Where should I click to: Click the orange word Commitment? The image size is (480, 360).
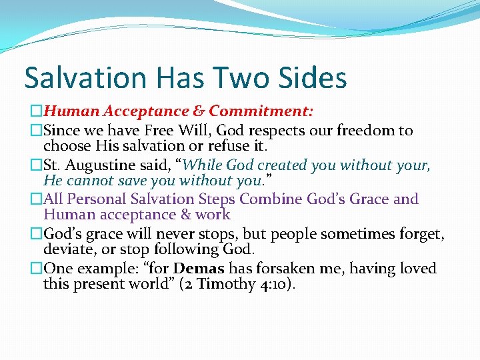(x=261, y=110)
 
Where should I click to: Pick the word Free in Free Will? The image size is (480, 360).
(x=187, y=131)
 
